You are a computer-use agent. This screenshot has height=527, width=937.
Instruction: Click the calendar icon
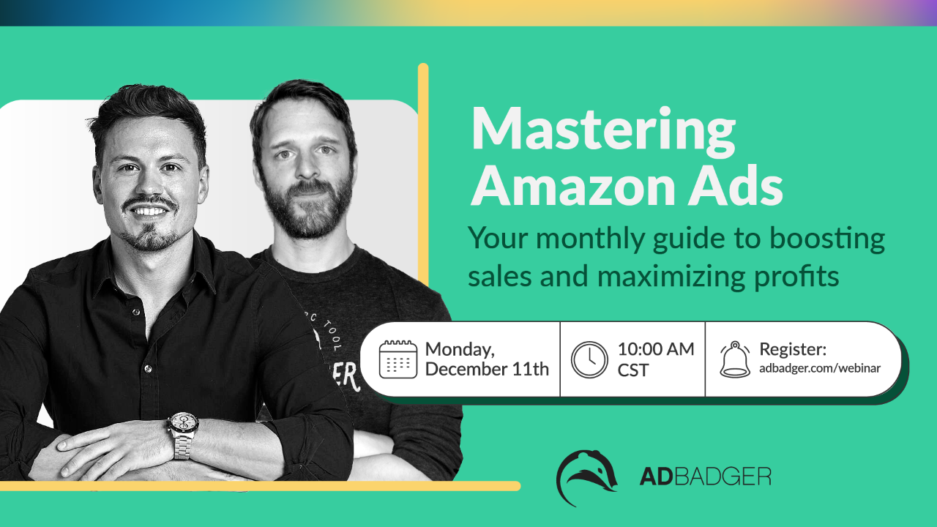[x=397, y=359]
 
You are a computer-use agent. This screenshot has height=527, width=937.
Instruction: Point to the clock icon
[x=589, y=359]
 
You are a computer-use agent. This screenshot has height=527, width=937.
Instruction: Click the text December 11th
[x=487, y=370]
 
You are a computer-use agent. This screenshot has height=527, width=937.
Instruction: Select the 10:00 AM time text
[x=655, y=349]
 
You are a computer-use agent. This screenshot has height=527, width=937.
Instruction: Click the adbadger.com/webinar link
[x=820, y=368]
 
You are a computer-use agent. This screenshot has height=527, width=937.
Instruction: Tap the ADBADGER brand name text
[x=705, y=476]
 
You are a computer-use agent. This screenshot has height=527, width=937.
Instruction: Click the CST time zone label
[x=632, y=370]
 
